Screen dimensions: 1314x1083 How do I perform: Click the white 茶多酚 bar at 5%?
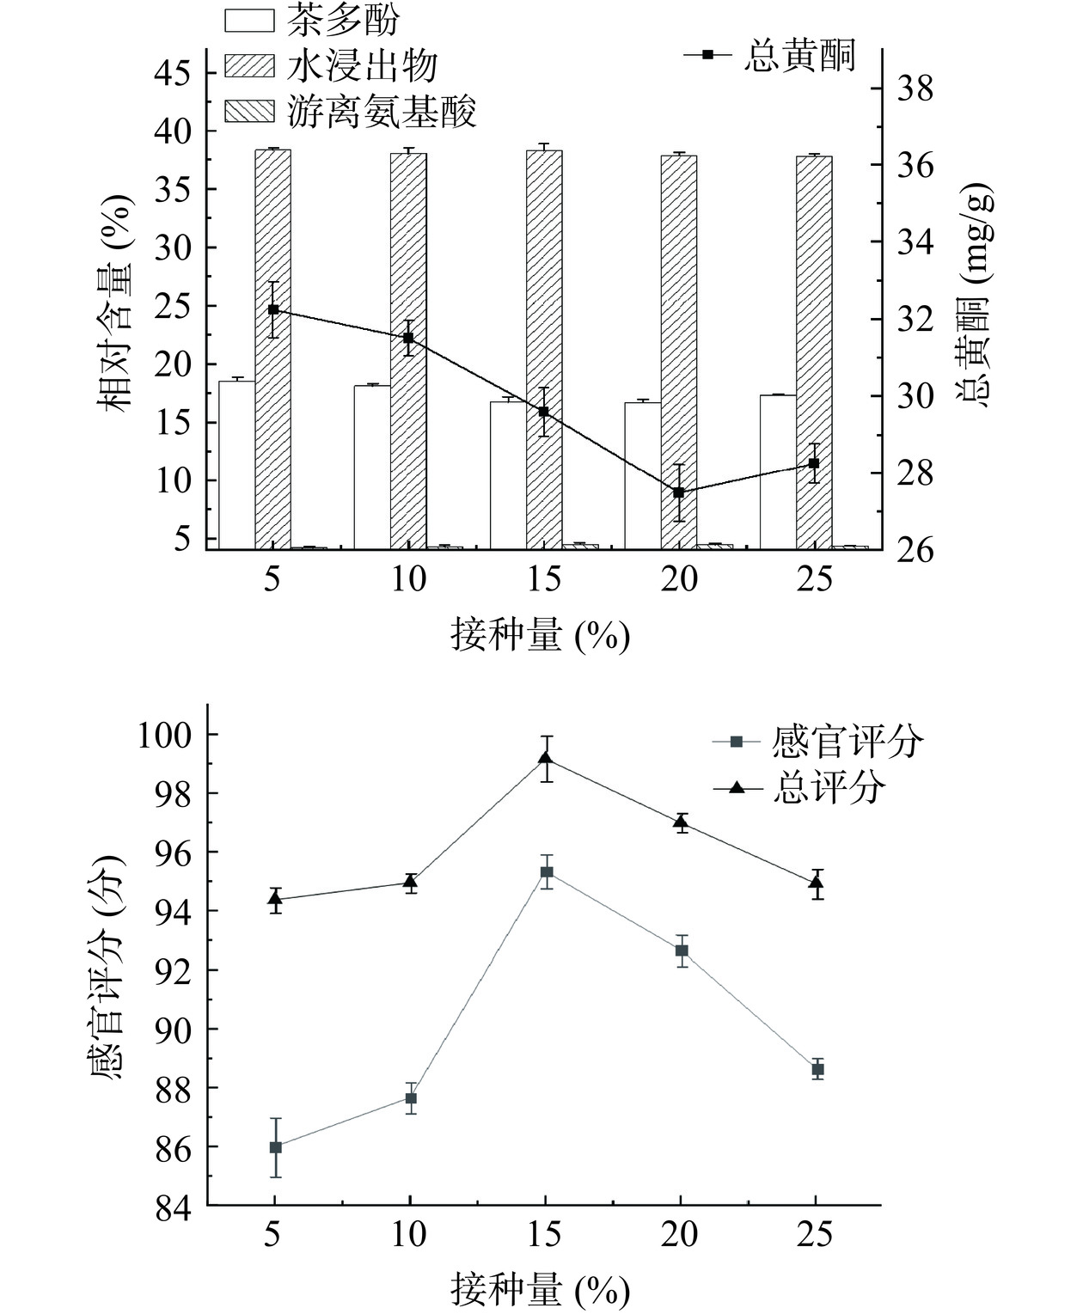pos(236,464)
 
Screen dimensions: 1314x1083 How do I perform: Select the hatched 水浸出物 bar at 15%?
pos(544,348)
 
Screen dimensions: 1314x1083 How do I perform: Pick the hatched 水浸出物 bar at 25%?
pos(814,352)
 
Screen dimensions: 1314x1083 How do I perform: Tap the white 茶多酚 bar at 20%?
pos(643,474)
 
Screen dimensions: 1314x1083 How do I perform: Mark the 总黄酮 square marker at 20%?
pos(679,492)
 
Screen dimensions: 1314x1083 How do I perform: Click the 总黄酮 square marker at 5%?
pos(273,309)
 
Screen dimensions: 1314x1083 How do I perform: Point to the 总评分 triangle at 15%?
pos(546,758)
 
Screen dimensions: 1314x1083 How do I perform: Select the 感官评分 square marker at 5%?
pos(276,1147)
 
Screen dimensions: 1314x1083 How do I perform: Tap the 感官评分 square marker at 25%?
pos(817,1069)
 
